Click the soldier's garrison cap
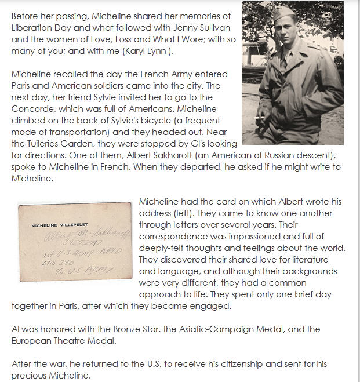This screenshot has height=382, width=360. pos(283,13)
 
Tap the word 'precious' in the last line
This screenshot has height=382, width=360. pos(31,375)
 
